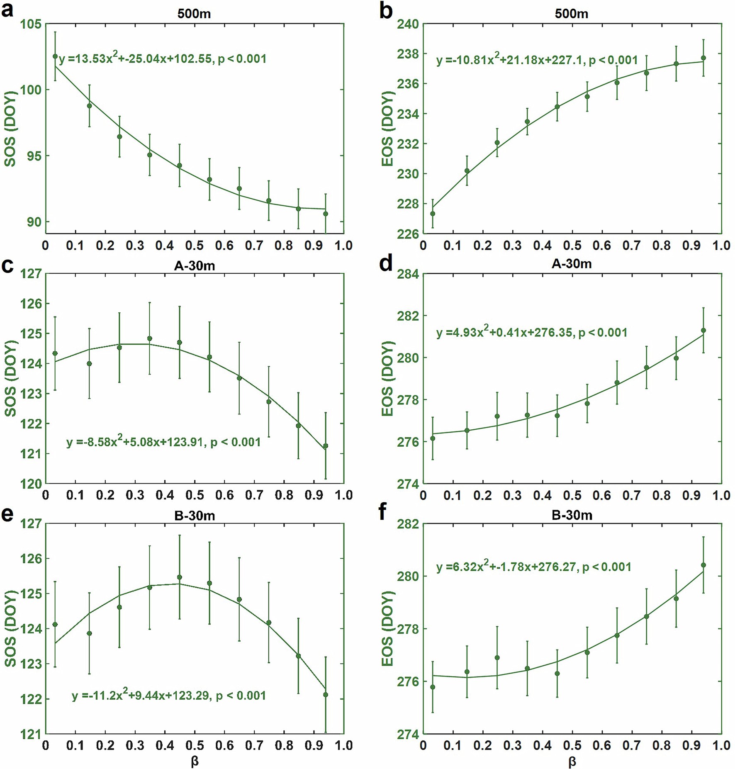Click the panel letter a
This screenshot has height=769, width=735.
pos(7,10)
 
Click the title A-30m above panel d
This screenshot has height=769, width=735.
pos(571,264)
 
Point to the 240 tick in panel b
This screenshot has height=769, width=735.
pos(408,24)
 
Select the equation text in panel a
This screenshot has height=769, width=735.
pos(163,59)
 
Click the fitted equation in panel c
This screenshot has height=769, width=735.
pos(163,442)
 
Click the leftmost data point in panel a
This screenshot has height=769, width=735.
pos(55,56)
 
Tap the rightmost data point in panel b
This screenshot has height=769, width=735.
pos(703,58)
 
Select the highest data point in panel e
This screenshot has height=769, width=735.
pos(180,577)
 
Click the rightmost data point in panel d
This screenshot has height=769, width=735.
pos(703,331)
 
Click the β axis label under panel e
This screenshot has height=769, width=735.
pos(195,762)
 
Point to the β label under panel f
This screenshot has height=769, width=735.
pos(572,762)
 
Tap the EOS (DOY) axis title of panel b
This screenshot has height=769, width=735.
pos(387,129)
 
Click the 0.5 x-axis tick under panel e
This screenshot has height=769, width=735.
pos(195,745)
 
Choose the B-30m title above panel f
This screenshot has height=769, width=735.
pos(571,515)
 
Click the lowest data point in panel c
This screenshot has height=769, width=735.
pos(326,446)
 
